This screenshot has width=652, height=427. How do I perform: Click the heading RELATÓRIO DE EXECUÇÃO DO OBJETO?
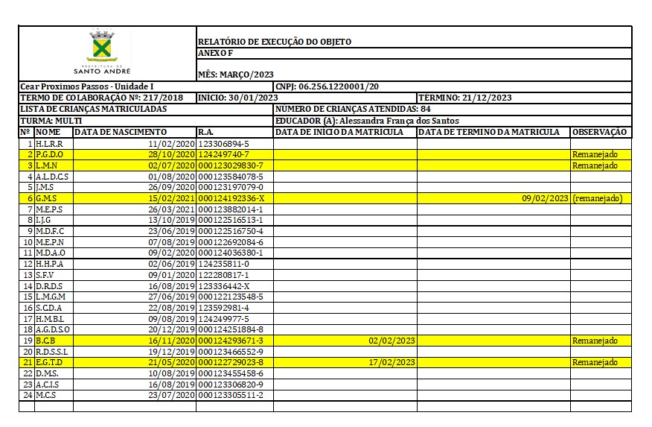click(274, 42)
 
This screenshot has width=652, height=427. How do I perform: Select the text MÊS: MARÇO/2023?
click(235, 75)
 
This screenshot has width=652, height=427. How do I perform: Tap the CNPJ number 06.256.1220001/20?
click(339, 87)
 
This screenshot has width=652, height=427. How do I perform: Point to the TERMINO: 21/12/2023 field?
click(465, 98)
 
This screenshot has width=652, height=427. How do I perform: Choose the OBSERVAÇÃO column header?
click(599, 132)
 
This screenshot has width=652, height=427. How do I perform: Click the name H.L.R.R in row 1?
click(49, 144)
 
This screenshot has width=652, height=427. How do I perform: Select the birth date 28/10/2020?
click(171, 154)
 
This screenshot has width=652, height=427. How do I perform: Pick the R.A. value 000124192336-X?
click(231, 198)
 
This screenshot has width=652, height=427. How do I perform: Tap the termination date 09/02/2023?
click(545, 198)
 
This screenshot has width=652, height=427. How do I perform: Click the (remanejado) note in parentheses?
click(597, 198)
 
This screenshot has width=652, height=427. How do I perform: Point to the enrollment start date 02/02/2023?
click(391, 341)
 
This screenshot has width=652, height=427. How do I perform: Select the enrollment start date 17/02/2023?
click(391, 362)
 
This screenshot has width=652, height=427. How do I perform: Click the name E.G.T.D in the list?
click(49, 362)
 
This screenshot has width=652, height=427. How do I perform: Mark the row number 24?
click(27, 395)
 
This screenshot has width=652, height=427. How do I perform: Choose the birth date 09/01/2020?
click(171, 275)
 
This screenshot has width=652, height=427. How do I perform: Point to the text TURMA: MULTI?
click(51, 121)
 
